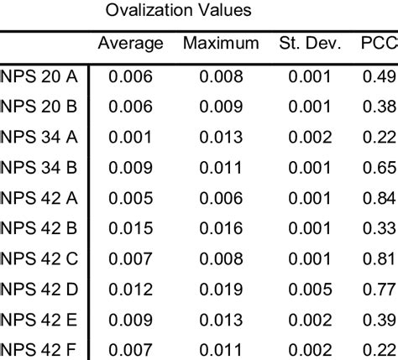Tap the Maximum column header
[x=220, y=43]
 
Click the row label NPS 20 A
[x=39, y=77]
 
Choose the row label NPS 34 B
[x=39, y=167]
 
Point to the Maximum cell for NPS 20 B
[x=220, y=107]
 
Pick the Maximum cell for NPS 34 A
[x=220, y=137]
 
